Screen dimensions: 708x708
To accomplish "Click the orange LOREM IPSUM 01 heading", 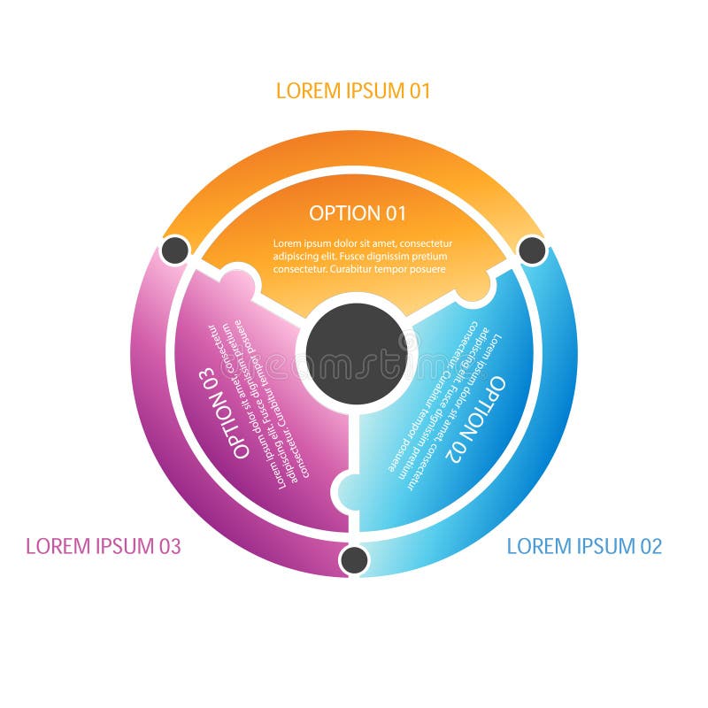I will click(353, 90).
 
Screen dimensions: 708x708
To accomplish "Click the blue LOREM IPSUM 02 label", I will click(584, 546).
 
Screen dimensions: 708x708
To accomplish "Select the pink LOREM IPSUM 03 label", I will click(104, 546).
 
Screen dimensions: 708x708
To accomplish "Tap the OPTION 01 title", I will click(358, 213).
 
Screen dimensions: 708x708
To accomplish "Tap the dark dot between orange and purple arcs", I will click(175, 250).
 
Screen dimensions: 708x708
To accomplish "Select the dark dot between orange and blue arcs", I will click(532, 250).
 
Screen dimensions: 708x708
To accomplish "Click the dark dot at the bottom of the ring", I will click(354, 559).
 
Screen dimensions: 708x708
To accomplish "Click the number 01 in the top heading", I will click(419, 90).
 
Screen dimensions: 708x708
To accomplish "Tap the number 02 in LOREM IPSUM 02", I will click(650, 546).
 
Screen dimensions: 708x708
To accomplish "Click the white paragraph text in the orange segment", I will click(362, 256).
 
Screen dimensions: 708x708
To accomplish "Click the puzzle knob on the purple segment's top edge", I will click(237, 282).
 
